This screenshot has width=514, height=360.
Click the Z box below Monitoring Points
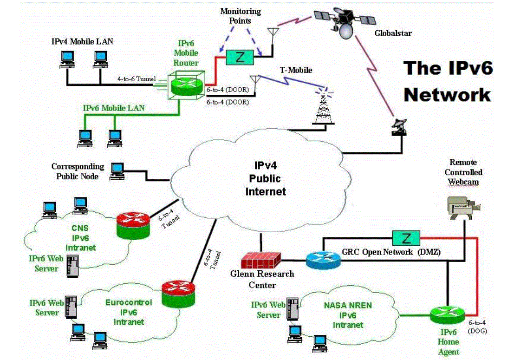[x=240, y=58]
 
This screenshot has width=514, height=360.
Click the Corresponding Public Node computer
[x=117, y=170]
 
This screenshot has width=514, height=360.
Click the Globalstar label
[x=393, y=33]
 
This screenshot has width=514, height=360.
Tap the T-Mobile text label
[x=296, y=70]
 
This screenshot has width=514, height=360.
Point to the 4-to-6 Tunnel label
[x=137, y=79]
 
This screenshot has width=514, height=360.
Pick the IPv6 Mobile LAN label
[x=114, y=108]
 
